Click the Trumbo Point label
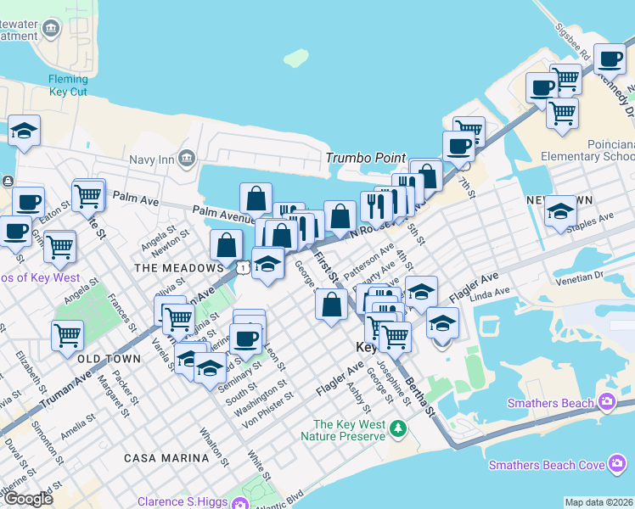click(x=364, y=159)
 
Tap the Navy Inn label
click(x=152, y=158)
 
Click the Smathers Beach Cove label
click(x=547, y=465)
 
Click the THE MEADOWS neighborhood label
click(x=179, y=268)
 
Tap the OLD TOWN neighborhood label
click(x=110, y=359)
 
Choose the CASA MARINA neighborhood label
click(x=166, y=458)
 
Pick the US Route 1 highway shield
click(x=244, y=268)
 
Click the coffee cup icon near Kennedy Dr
click(x=610, y=59)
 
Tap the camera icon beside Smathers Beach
click(x=607, y=401)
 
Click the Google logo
click(x=28, y=500)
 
